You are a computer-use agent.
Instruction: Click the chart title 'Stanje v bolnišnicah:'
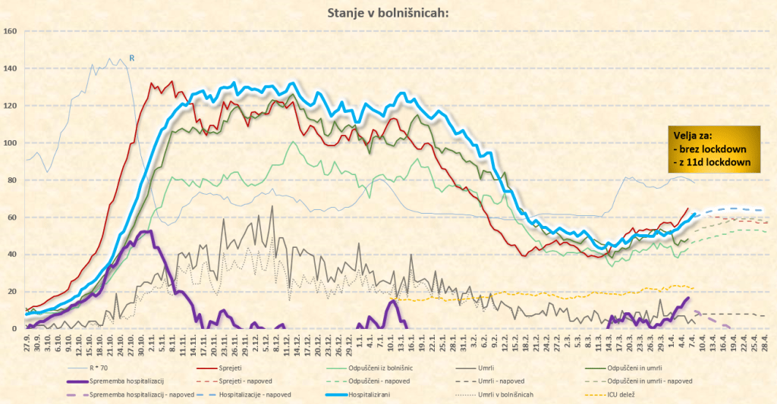coord(388,13)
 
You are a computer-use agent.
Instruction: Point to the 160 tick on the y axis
coord(11,31)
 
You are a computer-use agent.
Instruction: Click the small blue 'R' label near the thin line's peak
coord(131,57)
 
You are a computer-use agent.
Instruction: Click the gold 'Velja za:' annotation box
coord(713,149)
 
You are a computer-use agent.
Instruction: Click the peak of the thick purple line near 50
coord(149,232)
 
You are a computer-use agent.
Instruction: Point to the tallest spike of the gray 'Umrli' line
coord(272,207)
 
